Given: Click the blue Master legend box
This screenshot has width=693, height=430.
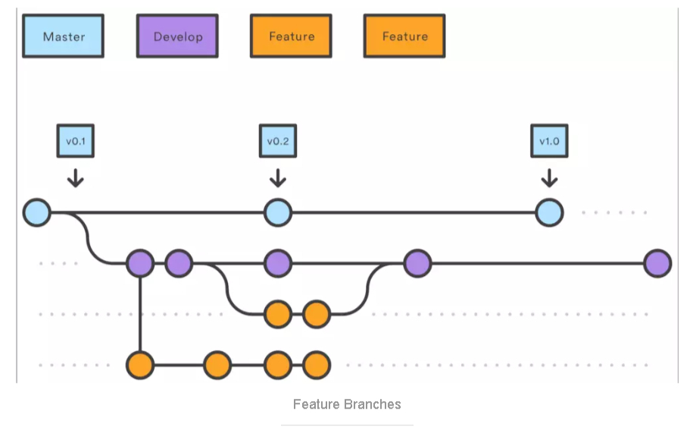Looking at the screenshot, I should coord(63,36).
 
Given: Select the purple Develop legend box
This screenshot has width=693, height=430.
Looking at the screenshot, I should coord(177,36).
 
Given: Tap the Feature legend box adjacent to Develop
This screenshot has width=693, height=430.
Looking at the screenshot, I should coord(291,36).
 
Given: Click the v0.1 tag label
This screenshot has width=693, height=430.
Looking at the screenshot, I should coord(76,141).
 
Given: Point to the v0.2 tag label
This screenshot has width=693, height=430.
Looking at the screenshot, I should coord(278,141).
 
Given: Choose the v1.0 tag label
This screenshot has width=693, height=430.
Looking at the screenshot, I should coord(549,141).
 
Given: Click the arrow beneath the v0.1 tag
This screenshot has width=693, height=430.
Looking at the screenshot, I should coord(76,178).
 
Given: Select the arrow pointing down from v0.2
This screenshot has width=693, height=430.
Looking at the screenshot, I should coord(278,178).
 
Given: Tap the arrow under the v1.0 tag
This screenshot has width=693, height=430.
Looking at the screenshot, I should coord(549,178).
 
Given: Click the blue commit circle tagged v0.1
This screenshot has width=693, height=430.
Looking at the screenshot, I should coord(36,212).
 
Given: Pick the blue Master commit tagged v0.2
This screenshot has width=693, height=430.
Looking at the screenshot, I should coord(278,212).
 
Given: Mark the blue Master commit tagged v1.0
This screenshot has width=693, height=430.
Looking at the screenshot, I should coord(549,212).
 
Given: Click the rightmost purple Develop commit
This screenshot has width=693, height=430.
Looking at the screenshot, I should coord(657,263).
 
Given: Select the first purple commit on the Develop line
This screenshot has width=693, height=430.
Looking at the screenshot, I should coord(140,263).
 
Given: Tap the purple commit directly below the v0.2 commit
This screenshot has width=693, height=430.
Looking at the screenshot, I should coord(278,263).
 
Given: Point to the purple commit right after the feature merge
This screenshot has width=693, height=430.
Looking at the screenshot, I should coord(417,263).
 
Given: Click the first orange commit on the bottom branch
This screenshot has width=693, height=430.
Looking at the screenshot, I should coord(140,365).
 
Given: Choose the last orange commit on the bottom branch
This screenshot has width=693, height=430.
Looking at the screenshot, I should coord(317,365).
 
